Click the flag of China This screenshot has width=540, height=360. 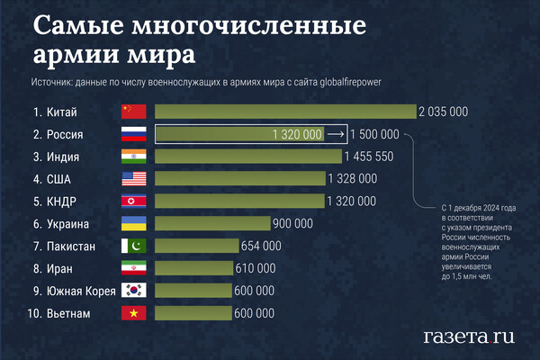(133, 112)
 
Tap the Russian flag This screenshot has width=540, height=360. (133, 134)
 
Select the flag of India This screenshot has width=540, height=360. (133, 157)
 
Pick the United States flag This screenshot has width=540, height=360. (133, 179)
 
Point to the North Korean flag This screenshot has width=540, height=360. (133, 201)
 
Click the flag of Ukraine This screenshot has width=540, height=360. (133, 223)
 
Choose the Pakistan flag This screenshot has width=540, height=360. (133, 246)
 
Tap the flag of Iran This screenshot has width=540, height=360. (133, 268)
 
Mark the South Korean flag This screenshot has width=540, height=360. (133, 291)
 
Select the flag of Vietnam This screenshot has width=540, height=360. (133, 313)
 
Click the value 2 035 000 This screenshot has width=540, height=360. (444, 112)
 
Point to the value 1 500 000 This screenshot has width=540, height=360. (373, 134)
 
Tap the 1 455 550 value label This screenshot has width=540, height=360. (369, 157)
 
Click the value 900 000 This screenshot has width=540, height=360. (292, 223)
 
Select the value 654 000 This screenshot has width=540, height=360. (261, 246)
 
